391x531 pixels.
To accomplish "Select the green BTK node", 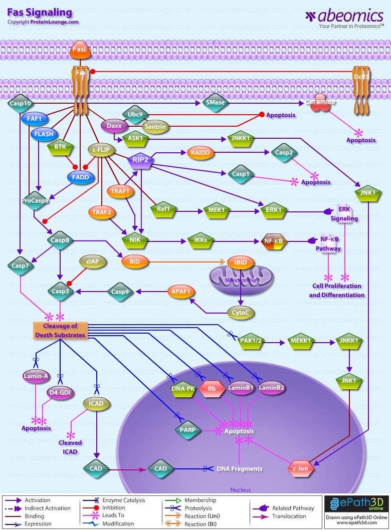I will tap(60, 147).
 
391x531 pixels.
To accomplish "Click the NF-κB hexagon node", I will tap(274, 241).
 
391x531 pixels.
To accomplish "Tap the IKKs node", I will tap(201, 240).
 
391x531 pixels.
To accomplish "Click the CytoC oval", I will tap(241, 313).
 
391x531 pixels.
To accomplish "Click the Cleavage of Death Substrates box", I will tap(60, 331).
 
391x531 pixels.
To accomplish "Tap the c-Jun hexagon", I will tap(302, 468).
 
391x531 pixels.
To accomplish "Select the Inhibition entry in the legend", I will tap(114, 508).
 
